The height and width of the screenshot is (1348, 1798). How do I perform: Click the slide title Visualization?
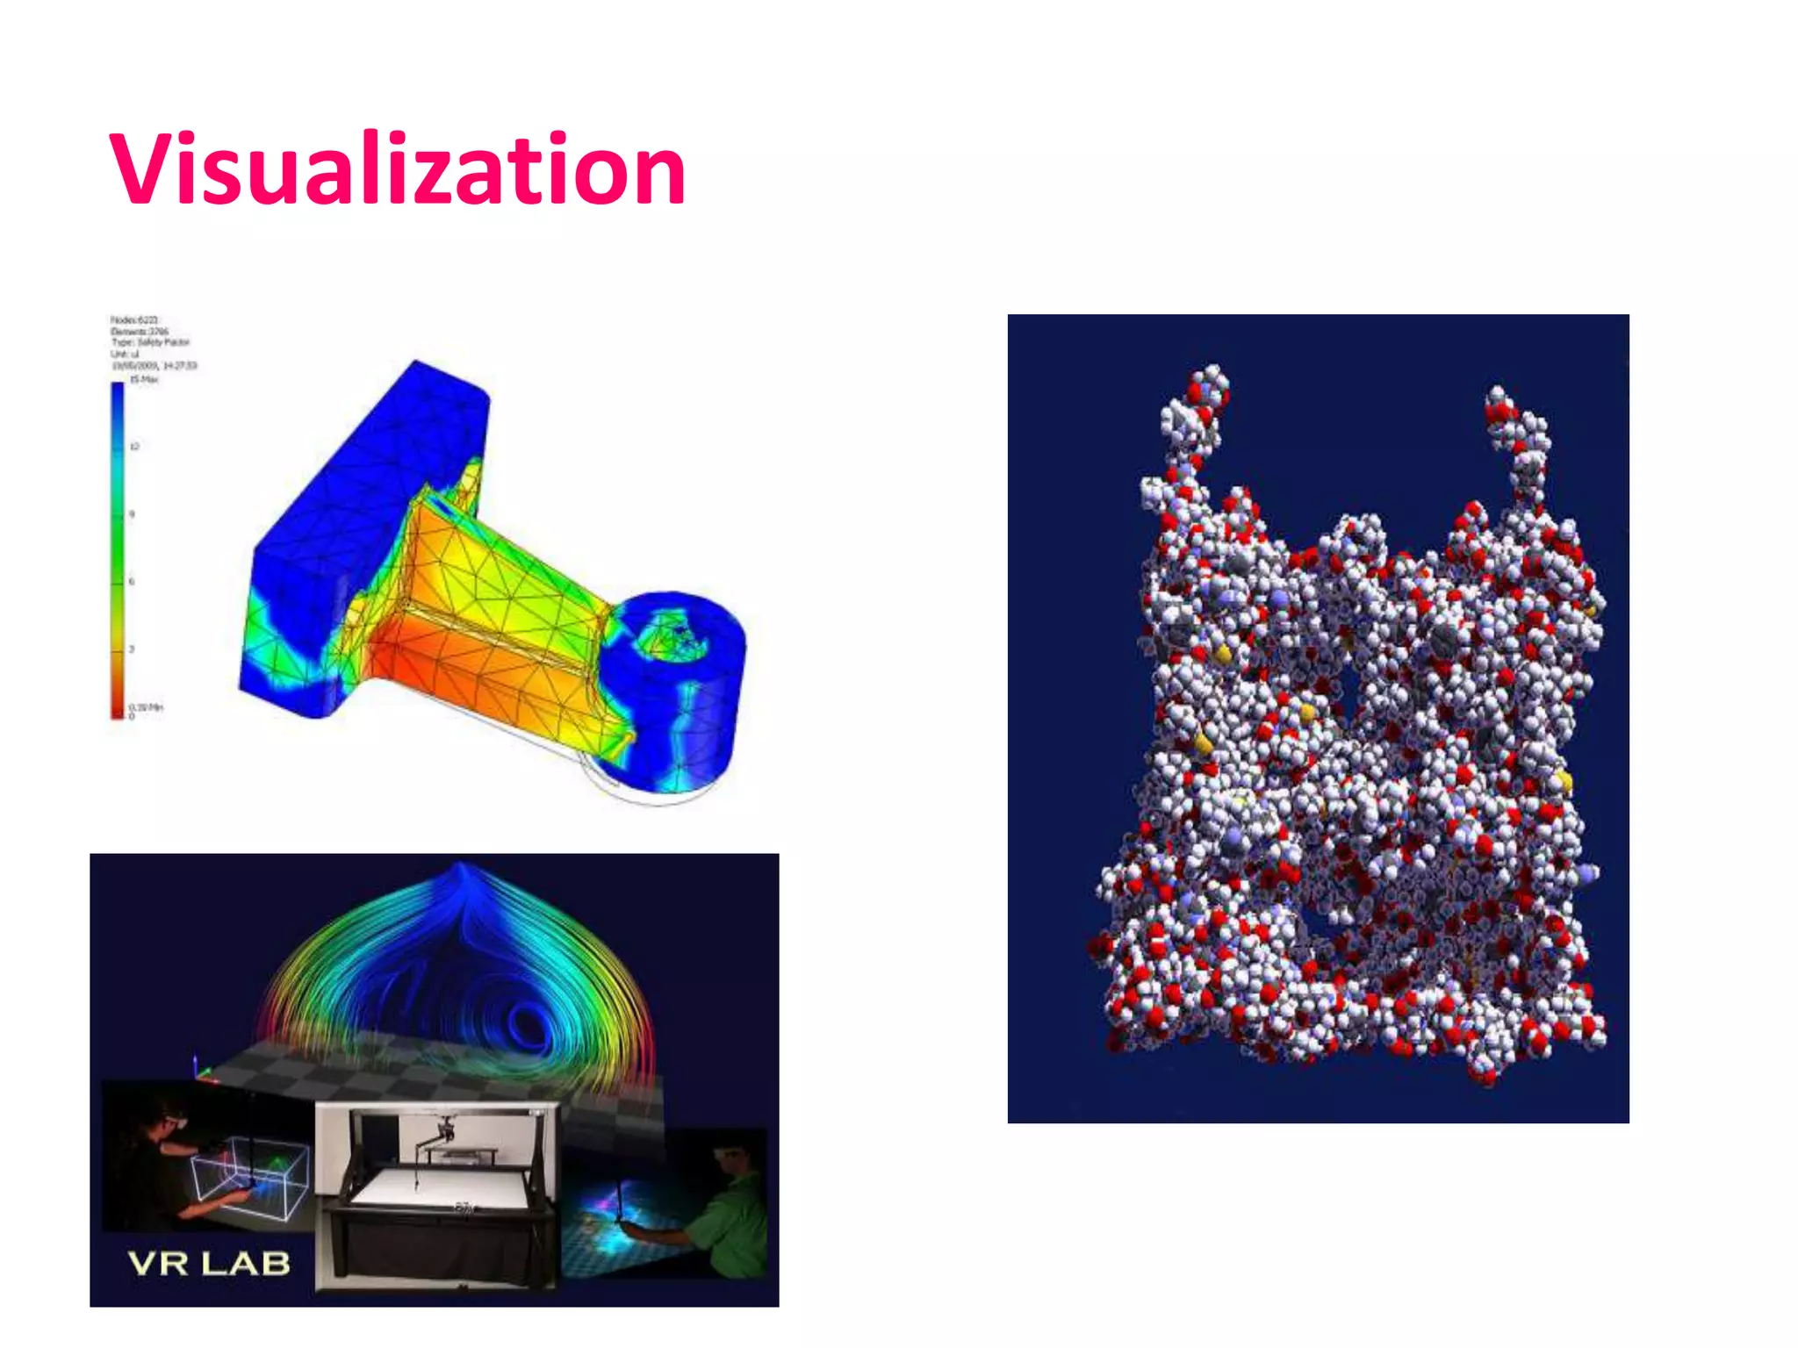[397, 168]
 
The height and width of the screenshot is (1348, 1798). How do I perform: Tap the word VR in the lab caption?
[158, 1264]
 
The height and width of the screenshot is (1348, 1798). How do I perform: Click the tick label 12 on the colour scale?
[134, 447]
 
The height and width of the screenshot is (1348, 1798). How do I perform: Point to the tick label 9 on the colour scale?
[132, 514]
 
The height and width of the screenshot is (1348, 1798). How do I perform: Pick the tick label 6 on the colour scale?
[132, 581]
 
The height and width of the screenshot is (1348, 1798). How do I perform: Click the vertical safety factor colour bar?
[118, 549]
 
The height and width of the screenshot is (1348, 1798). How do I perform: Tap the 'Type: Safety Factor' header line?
[150, 342]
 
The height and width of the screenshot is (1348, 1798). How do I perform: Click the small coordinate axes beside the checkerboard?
[200, 1071]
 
